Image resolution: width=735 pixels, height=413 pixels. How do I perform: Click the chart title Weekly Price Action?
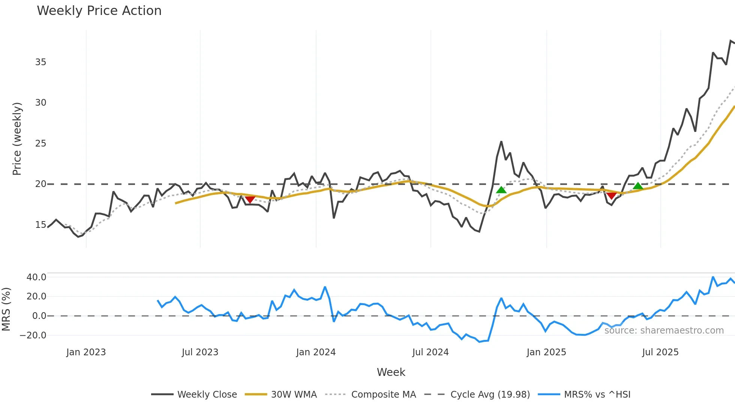pyautogui.click(x=99, y=11)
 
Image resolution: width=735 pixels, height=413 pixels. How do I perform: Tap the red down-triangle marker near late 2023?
pyautogui.click(x=250, y=199)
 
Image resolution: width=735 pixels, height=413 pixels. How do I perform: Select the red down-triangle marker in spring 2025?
pyautogui.click(x=611, y=196)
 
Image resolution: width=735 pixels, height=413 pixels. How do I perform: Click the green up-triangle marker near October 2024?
pyautogui.click(x=501, y=190)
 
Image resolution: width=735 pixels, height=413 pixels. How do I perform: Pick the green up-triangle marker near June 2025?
pyautogui.click(x=638, y=186)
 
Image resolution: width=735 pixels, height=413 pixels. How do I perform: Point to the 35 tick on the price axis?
pyautogui.click(x=40, y=62)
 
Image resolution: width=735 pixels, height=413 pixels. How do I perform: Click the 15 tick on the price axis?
pyautogui.click(x=40, y=225)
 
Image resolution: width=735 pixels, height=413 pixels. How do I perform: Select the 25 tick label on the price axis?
pyautogui.click(x=40, y=144)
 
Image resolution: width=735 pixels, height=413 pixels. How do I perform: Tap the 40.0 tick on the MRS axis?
pyautogui.click(x=36, y=277)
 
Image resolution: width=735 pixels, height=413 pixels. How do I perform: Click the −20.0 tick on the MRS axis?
pyautogui.click(x=33, y=335)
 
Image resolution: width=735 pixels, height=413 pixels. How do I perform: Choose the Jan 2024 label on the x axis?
pyautogui.click(x=316, y=352)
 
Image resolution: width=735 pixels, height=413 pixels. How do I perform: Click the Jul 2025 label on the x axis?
pyautogui.click(x=660, y=352)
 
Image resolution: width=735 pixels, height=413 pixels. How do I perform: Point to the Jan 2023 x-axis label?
pyautogui.click(x=86, y=352)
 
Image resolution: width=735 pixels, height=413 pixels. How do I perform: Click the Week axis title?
pyautogui.click(x=391, y=372)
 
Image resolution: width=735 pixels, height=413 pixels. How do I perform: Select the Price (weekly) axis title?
pyautogui.click(x=17, y=139)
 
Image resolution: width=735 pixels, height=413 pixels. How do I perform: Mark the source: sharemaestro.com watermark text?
pyautogui.click(x=664, y=331)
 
